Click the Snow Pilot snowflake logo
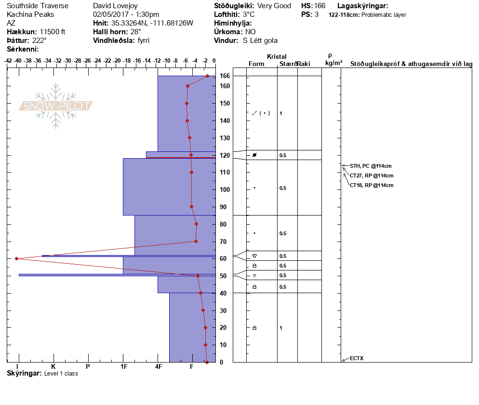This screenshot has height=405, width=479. (56, 106)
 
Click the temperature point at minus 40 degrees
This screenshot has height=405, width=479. (17, 258)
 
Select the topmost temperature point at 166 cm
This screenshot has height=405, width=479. (207, 76)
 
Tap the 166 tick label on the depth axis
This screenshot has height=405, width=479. (225, 76)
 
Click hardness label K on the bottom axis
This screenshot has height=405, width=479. (53, 367)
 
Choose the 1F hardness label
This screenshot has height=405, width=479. (123, 367)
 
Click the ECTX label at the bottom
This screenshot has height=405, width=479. (357, 358)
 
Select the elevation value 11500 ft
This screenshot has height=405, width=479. (52, 32)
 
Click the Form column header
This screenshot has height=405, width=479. (256, 64)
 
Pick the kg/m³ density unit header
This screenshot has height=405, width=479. (333, 63)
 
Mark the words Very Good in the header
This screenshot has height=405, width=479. (274, 6)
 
